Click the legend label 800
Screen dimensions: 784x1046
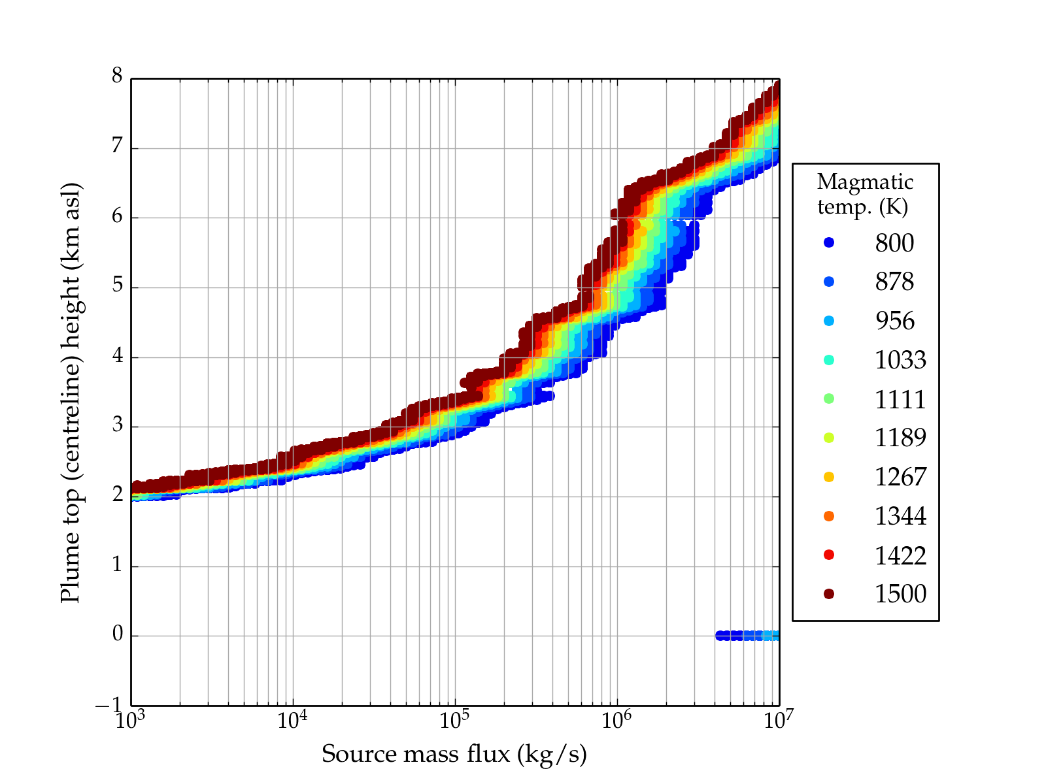click(x=894, y=243)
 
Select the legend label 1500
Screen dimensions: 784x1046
click(x=900, y=594)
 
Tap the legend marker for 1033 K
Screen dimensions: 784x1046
click(x=829, y=360)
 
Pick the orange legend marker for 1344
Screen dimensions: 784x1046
click(x=829, y=516)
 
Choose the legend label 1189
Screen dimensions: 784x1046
click(x=900, y=438)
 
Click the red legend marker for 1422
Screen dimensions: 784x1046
click(x=829, y=555)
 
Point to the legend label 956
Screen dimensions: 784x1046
click(x=894, y=321)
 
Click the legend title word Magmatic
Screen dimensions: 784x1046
click(x=865, y=182)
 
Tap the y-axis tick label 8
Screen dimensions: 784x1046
click(x=117, y=76)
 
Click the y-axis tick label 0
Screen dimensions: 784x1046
click(x=117, y=634)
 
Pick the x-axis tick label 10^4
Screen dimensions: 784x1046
click(x=292, y=720)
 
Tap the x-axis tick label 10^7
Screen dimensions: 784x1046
click(x=779, y=720)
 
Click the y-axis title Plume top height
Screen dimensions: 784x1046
click(x=70, y=392)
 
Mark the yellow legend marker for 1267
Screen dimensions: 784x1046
click(x=829, y=477)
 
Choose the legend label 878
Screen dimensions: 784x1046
click(x=894, y=282)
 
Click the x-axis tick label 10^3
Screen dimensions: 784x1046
click(x=131, y=720)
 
